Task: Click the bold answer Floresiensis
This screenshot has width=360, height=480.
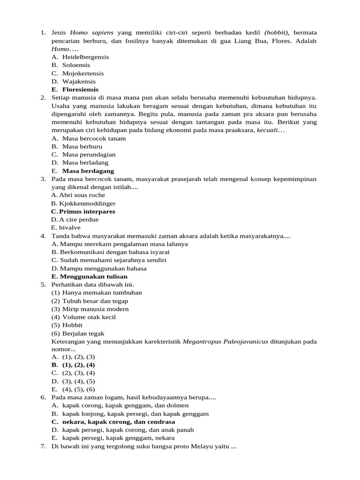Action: coord(80,90)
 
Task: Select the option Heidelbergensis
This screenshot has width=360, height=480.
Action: coord(85,57)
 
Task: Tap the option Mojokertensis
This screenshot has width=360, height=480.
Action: coord(83,73)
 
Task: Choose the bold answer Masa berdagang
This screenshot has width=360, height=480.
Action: coord(88,171)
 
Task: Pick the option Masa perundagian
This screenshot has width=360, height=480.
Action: coord(89,155)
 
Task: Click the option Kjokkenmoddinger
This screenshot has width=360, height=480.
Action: coord(87,203)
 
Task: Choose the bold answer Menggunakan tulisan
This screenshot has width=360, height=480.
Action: coord(93,277)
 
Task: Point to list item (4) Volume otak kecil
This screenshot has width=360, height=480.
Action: coord(83,317)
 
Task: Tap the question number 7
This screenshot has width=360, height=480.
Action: coord(43,447)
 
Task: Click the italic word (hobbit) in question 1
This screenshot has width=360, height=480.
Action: coord(277,32)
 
